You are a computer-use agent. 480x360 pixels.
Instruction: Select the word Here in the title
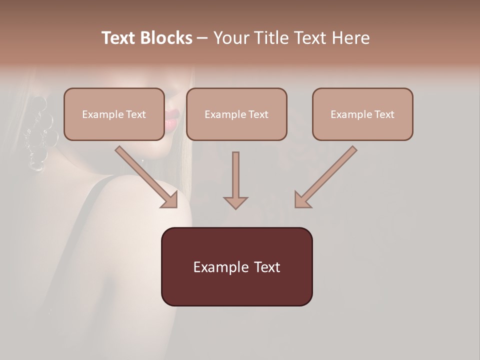(350, 38)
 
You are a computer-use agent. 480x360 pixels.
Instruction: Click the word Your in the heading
(231, 38)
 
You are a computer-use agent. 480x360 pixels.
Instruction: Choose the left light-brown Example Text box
(114, 114)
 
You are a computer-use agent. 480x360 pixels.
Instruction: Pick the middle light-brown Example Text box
(236, 114)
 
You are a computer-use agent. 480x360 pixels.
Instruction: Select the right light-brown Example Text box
(362, 114)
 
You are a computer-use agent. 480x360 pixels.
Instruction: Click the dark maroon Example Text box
(236, 267)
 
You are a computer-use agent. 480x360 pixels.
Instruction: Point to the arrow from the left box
(145, 176)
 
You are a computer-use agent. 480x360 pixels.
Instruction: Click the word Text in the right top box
(384, 114)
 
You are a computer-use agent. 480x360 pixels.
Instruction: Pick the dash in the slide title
(202, 38)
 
